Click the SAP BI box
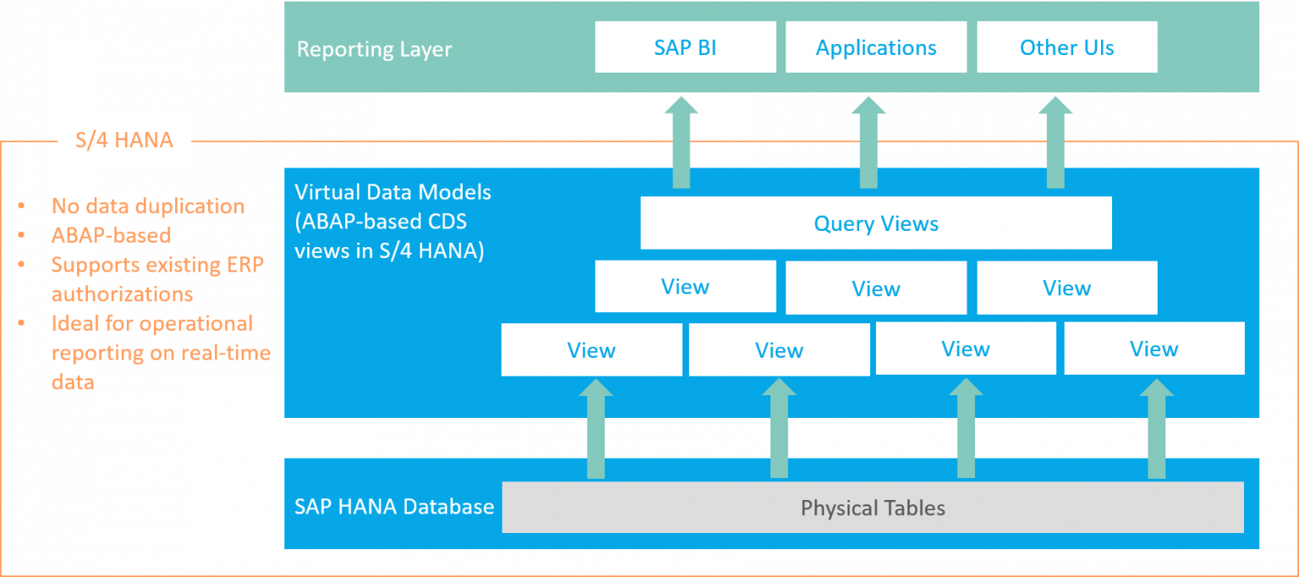click(685, 47)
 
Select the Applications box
click(875, 47)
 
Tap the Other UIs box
click(1066, 47)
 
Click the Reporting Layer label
click(374, 49)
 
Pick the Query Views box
click(875, 223)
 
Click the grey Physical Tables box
click(873, 508)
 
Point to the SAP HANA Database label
click(393, 507)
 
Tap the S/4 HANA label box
click(124, 139)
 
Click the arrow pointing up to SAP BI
click(681, 144)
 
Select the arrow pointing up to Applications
click(869, 144)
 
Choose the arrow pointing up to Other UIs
click(1055, 144)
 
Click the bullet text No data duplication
click(148, 206)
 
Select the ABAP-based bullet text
click(111, 235)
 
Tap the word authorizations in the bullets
click(122, 294)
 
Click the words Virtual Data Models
click(392, 192)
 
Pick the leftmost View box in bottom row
click(591, 349)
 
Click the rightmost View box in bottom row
click(1154, 349)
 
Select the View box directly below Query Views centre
click(875, 288)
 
